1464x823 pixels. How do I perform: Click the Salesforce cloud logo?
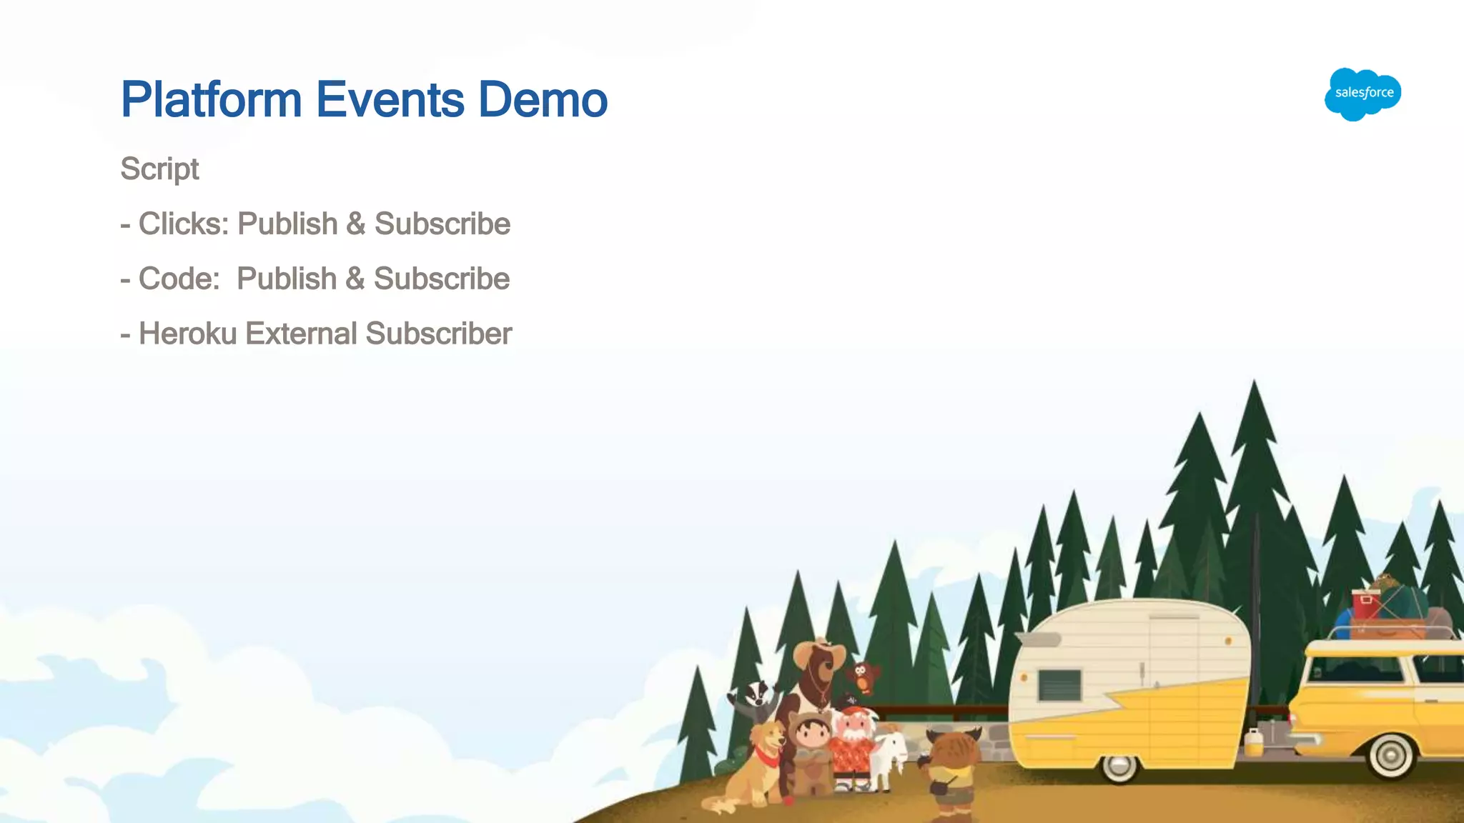tap(1362, 94)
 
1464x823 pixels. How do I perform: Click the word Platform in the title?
tap(212, 100)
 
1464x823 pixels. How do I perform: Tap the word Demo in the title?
tap(543, 100)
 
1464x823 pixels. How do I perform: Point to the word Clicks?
tap(183, 224)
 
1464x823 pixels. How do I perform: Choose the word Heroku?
tap(187, 334)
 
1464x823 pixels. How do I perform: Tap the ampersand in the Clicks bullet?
tap(355, 224)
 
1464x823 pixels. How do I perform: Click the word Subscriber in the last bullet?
tap(439, 334)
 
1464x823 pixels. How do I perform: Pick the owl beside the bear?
tap(863, 675)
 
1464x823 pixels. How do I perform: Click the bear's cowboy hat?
tap(818, 652)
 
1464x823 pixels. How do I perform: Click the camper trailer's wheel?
tap(1119, 767)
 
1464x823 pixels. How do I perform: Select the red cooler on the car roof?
tap(1365, 604)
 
